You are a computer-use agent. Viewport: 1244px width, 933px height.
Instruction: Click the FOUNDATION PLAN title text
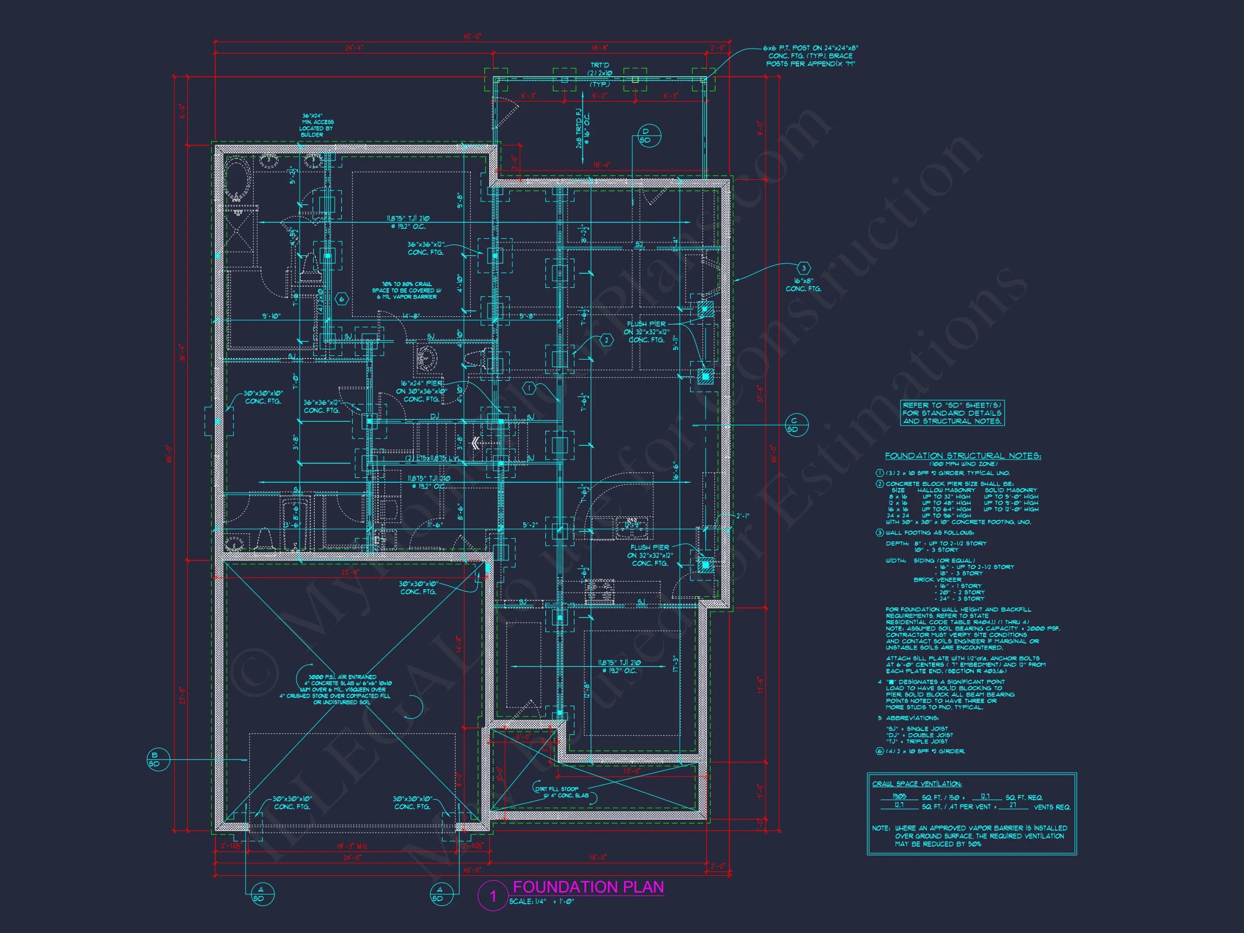pos(589,887)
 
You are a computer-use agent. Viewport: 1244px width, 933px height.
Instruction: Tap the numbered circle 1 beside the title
pos(493,896)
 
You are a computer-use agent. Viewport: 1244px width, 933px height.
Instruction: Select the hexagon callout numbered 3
pos(803,268)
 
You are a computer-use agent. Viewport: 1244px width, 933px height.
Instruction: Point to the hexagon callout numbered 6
pos(341,299)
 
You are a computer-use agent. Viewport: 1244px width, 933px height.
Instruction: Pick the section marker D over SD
pos(646,136)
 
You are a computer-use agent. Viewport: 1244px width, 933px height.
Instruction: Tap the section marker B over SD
pos(154,760)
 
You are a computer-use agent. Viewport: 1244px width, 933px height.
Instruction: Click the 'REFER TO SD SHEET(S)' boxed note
pos(952,413)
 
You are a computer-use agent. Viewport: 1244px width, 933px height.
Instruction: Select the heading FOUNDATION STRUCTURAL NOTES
pos(963,456)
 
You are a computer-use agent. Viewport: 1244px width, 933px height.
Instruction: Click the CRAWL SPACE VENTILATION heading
pos(917,783)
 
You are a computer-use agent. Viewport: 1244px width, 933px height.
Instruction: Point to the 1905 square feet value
pos(900,797)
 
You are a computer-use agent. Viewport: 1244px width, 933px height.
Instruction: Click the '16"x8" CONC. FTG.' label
pos(803,285)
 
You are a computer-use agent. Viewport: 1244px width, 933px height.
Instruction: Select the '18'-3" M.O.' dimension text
pos(351,846)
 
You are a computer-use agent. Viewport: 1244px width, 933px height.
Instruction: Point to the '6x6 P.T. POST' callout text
pos(810,56)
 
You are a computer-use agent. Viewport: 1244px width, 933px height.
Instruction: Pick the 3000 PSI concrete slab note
pos(336,689)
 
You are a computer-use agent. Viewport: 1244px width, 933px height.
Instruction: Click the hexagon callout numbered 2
pos(606,340)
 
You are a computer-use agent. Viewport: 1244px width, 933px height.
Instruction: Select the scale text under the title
pos(542,902)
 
